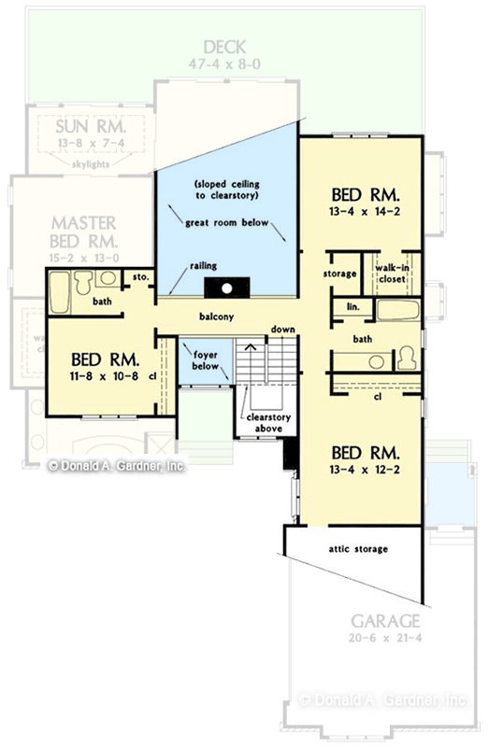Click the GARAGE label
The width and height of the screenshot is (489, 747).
[384, 621]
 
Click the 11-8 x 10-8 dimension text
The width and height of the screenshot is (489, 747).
[103, 378]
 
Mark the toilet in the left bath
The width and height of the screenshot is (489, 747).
[83, 280]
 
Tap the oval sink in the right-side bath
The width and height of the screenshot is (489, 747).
[376, 360]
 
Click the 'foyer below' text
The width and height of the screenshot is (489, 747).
[207, 360]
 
